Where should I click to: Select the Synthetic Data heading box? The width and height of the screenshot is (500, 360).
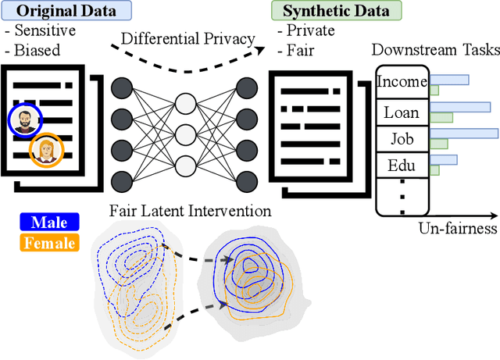[x=335, y=12]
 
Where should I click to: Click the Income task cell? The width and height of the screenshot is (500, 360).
[x=402, y=82]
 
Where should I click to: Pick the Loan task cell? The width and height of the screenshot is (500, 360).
[x=402, y=112]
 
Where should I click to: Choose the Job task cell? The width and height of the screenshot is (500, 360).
[x=402, y=140]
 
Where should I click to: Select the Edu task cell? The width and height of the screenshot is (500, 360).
[x=402, y=166]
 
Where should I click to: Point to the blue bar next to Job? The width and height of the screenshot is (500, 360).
[x=464, y=133]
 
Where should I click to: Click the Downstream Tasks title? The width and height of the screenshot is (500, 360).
[x=435, y=50]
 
